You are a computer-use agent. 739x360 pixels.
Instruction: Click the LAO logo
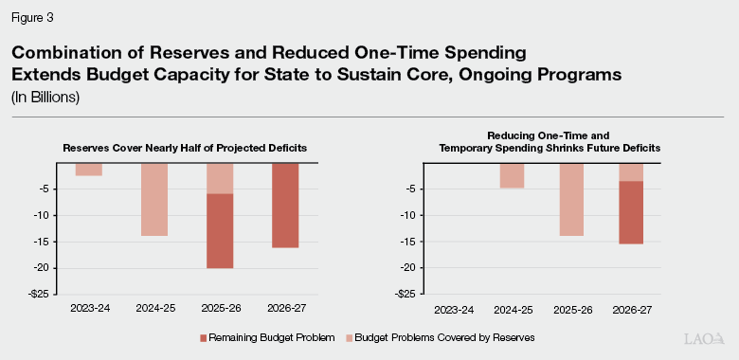click(x=704, y=338)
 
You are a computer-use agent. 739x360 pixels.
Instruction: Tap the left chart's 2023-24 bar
click(x=89, y=170)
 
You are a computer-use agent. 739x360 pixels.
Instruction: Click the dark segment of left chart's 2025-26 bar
click(x=220, y=231)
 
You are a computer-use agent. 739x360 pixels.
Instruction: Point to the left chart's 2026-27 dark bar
click(x=285, y=206)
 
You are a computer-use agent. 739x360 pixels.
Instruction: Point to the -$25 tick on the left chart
click(x=40, y=294)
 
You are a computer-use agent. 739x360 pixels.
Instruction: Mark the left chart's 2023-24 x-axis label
click(x=89, y=308)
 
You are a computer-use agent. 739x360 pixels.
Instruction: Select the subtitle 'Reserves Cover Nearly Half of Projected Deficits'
click(x=187, y=149)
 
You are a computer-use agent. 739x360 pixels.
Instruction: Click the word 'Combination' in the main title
click(x=81, y=53)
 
